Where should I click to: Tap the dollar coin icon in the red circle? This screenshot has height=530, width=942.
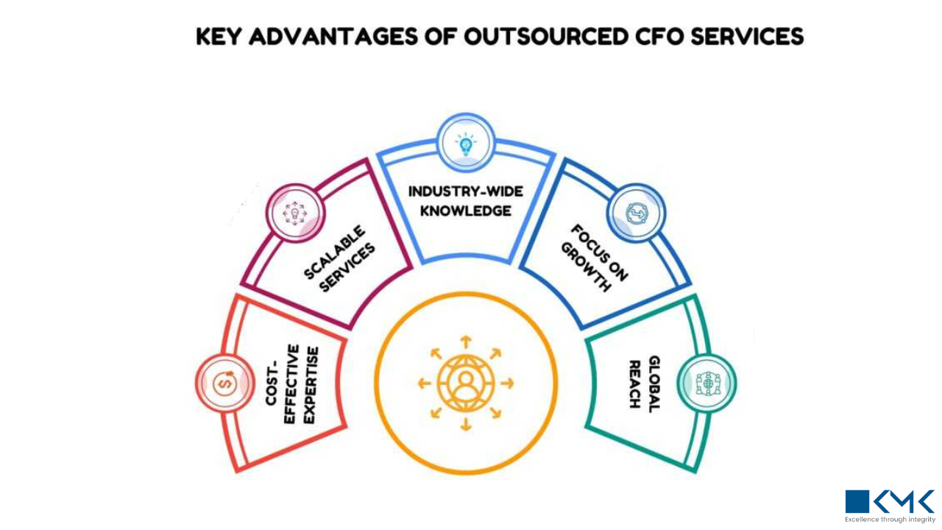pyautogui.click(x=224, y=383)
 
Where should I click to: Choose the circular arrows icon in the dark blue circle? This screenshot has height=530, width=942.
pyautogui.click(x=635, y=213)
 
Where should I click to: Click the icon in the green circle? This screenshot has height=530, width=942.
pyautogui.click(x=706, y=383)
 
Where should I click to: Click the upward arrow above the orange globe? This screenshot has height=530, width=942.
pyautogui.click(x=465, y=342)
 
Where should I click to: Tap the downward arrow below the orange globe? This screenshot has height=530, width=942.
pyautogui.click(x=465, y=425)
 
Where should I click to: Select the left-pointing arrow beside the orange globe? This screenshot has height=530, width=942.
pyautogui.click(x=424, y=384)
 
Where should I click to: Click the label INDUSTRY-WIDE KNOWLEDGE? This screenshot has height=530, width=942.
pyautogui.click(x=465, y=201)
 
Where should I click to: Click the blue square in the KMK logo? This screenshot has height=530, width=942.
pyautogui.click(x=857, y=501)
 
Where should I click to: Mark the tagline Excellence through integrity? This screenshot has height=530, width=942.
pyautogui.click(x=890, y=520)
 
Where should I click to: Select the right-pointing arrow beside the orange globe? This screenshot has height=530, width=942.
pyautogui.click(x=507, y=384)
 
